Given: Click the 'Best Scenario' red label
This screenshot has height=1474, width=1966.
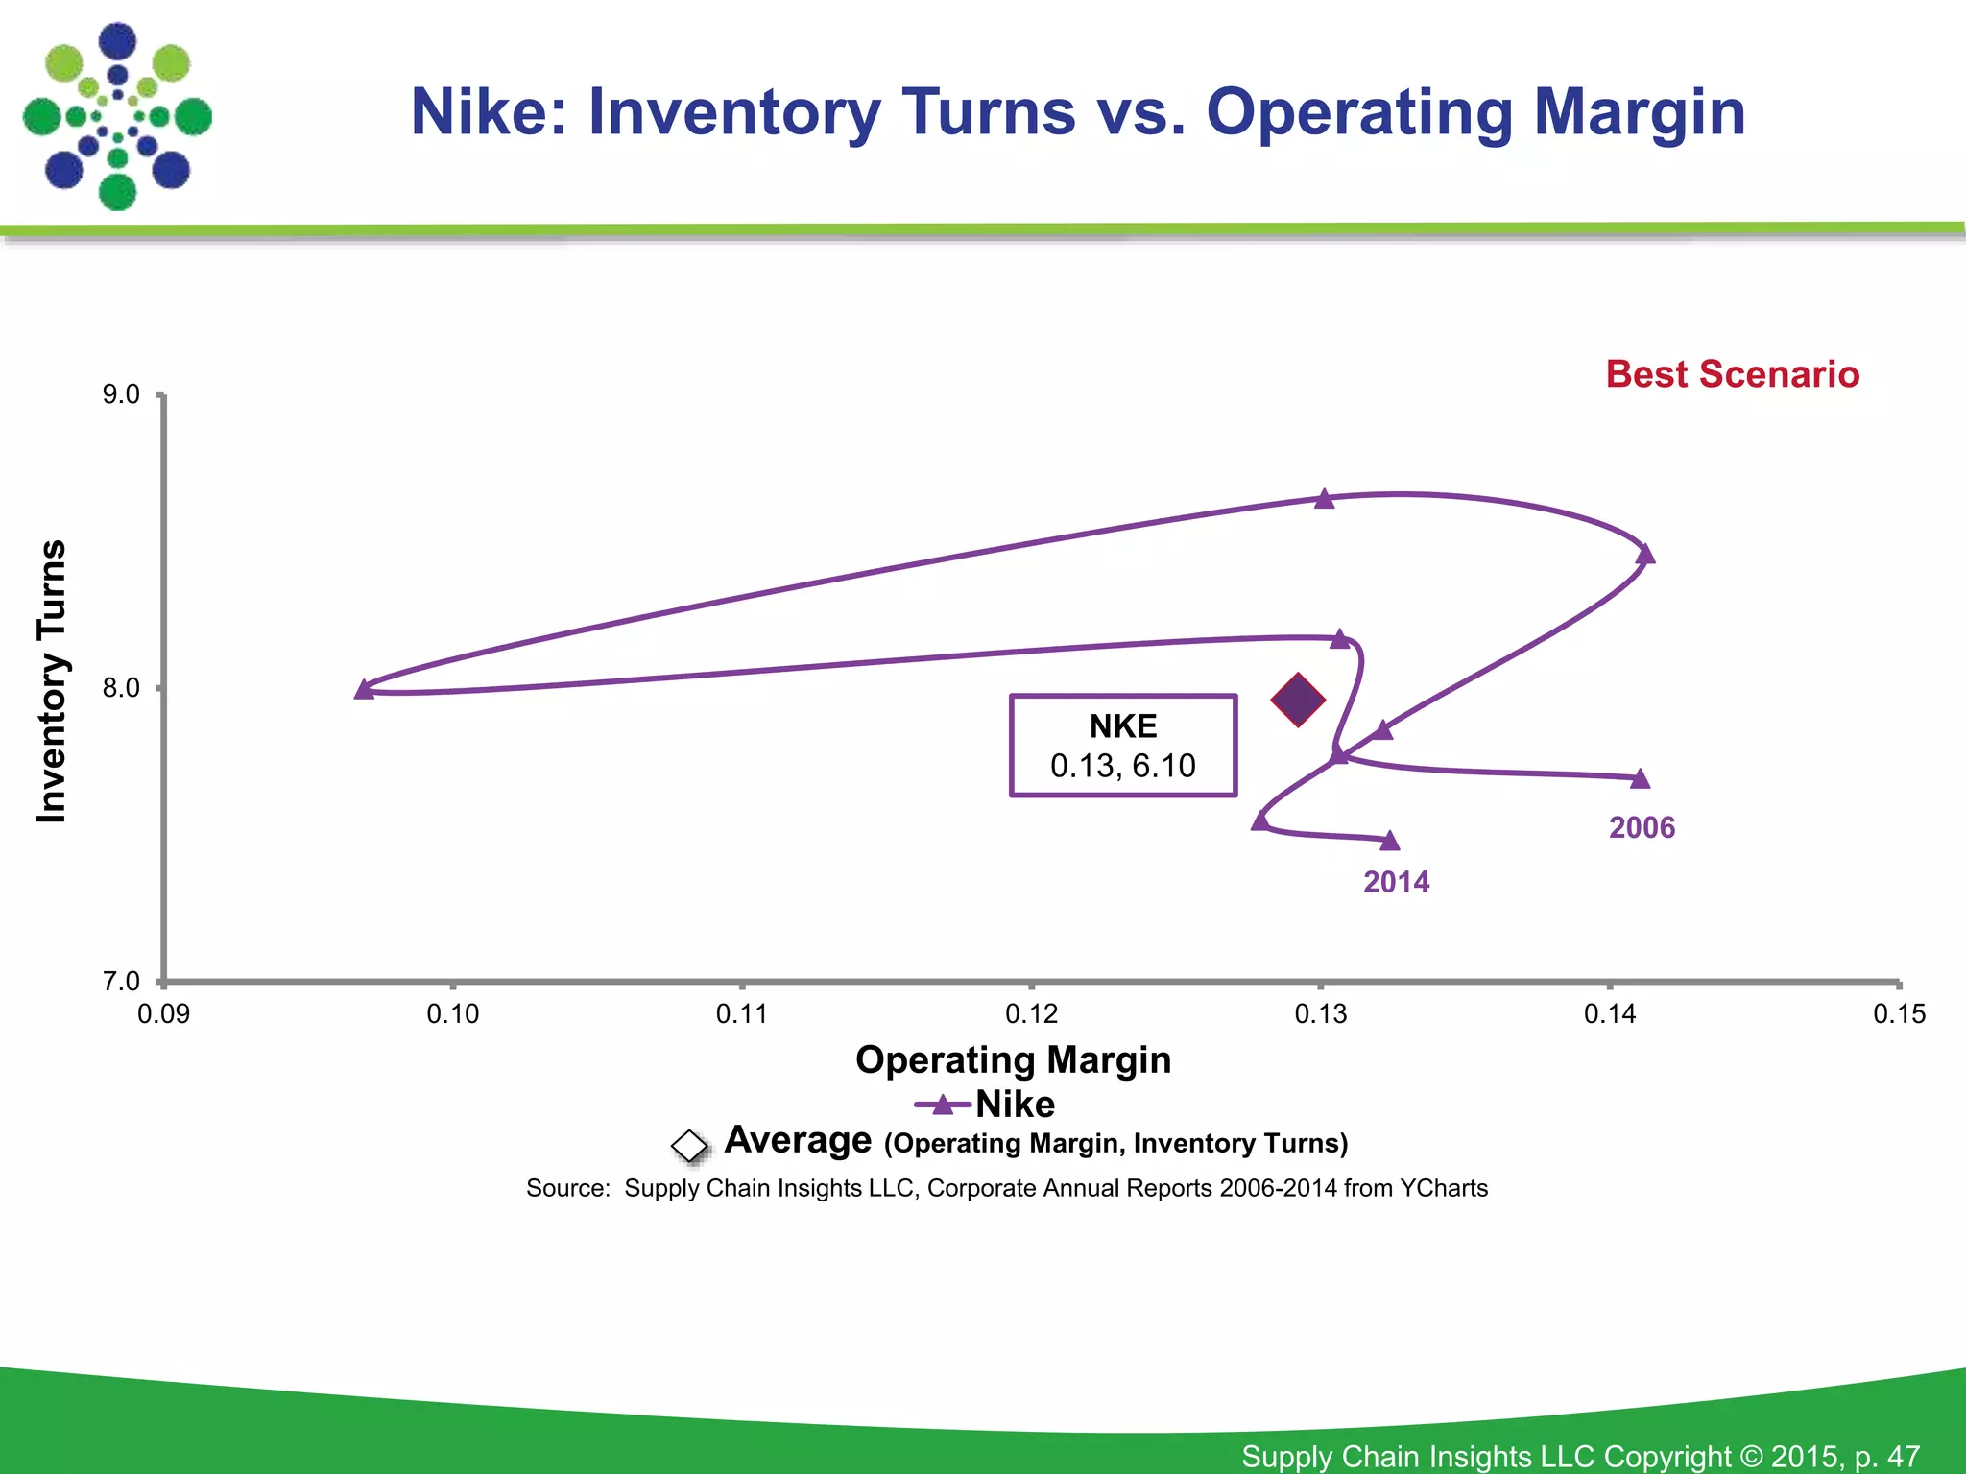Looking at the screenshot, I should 1732,374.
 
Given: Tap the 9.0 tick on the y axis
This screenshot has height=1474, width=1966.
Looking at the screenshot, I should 122,394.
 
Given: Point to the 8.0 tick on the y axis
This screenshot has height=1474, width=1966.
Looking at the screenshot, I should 122,688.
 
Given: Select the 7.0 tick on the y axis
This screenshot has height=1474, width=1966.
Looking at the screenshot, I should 122,981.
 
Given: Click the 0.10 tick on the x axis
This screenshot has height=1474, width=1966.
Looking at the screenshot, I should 452,1013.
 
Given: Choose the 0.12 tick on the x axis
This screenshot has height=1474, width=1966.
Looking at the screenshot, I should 1031,1013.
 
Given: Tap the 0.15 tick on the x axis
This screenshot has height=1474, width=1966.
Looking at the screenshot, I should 1899,1013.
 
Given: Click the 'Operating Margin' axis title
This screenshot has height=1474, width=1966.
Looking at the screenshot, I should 1013,1059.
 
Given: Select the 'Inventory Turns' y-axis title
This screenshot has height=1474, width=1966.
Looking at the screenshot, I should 51,681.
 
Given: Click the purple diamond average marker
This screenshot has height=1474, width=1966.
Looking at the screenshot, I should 1298,700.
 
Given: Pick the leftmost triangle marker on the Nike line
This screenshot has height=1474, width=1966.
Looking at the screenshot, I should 364,689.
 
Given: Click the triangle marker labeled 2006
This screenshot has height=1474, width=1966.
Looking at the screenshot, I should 1641,778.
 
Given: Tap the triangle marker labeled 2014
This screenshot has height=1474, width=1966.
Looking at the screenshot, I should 1390,842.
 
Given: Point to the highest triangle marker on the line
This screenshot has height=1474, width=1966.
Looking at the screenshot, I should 1325,498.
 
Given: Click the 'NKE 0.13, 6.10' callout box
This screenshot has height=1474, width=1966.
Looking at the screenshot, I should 1123,746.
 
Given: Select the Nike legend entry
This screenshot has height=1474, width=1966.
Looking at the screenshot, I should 986,1105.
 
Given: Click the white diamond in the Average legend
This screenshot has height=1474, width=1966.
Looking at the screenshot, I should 689,1145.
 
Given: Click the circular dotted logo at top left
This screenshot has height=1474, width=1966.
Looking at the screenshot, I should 117,116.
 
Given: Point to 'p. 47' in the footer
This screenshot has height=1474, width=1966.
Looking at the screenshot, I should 1887,1456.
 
